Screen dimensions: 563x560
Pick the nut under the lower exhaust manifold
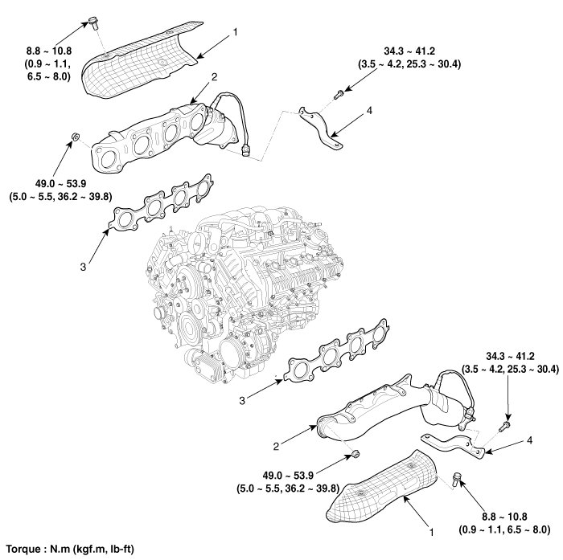355,457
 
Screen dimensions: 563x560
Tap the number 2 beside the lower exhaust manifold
276,444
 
